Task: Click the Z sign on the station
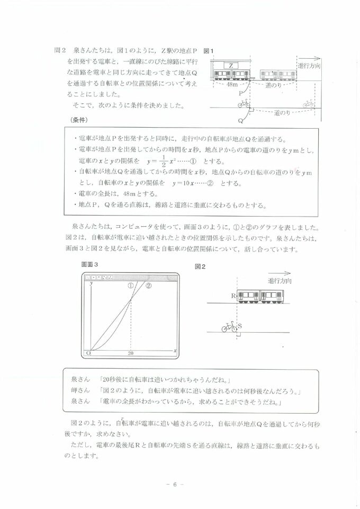tap(231, 65)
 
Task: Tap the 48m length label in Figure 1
tap(232, 85)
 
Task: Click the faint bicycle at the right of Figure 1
tap(309, 104)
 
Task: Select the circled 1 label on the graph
tap(130, 285)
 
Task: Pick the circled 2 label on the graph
tap(148, 285)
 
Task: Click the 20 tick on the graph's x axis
tap(130, 353)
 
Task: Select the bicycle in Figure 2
tap(229, 328)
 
